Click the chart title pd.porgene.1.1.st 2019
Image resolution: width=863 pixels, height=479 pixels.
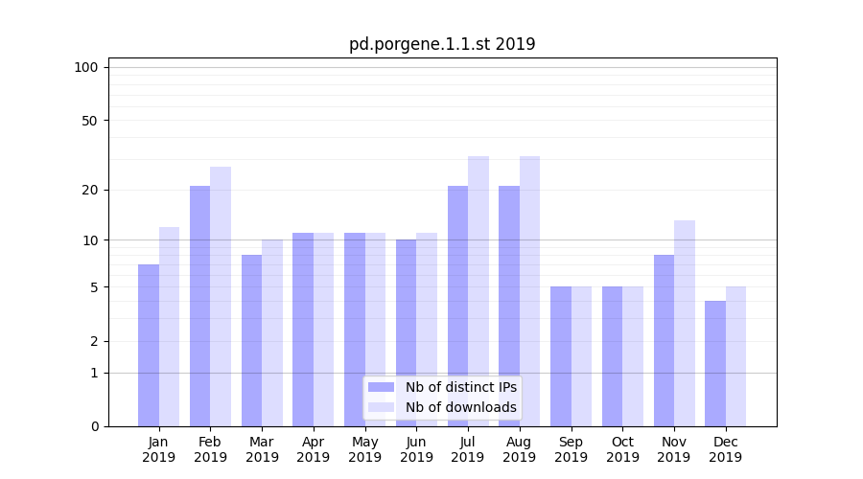pos(442,44)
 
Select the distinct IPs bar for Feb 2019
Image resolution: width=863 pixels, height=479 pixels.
pos(199,307)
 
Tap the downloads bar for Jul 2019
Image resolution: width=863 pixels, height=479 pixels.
pos(478,291)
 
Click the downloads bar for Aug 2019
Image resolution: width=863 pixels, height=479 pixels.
pos(530,291)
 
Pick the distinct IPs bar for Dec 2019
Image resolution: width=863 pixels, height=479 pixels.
pos(715,364)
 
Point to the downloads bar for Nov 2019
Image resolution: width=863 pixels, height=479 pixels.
pos(685,324)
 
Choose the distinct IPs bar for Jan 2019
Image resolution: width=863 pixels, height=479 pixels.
pos(149,345)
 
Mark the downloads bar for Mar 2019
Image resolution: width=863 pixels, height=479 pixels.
pos(272,332)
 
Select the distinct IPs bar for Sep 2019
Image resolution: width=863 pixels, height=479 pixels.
pos(561,356)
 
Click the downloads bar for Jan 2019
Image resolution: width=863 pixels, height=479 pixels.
pos(169,327)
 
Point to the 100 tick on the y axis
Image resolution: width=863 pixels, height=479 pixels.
pos(86,67)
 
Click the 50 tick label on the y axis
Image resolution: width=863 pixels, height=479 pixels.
pos(89,121)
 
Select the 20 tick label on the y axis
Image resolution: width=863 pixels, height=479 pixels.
pos(89,190)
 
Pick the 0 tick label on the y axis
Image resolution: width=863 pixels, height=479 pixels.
pos(94,426)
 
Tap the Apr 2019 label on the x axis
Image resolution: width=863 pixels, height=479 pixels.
pos(314,449)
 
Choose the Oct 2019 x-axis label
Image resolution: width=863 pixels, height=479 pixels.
pos(622,449)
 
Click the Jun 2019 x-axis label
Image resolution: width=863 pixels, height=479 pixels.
pos(416,449)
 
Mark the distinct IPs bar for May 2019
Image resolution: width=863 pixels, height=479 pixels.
pos(355,330)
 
